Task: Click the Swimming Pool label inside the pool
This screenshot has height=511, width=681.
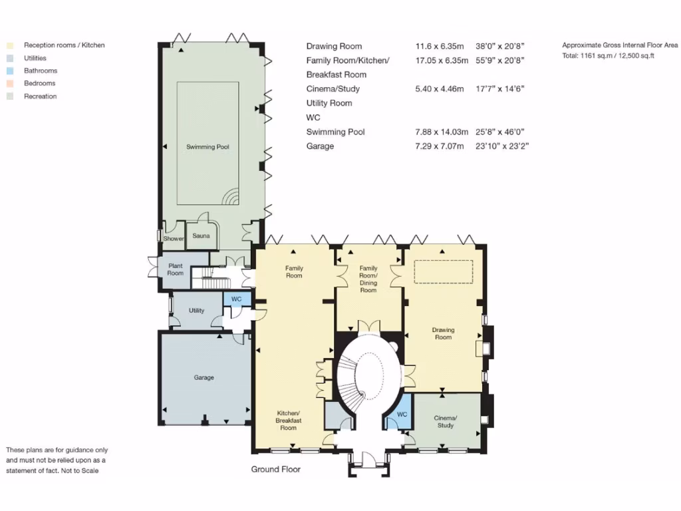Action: (207, 146)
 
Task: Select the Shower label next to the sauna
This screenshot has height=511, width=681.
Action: (174, 239)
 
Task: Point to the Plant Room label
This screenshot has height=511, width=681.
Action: (175, 269)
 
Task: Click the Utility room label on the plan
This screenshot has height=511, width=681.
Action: (196, 311)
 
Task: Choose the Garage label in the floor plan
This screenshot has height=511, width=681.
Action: (204, 377)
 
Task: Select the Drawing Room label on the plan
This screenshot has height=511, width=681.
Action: (443, 333)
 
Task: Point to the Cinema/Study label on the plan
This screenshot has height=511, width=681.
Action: (445, 421)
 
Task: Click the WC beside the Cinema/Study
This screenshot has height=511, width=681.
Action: (402, 414)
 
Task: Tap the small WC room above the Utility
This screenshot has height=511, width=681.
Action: (236, 299)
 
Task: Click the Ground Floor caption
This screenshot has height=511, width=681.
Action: (275, 469)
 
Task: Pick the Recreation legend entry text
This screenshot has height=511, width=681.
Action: (40, 96)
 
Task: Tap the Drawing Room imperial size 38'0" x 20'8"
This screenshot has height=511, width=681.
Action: (501, 47)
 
